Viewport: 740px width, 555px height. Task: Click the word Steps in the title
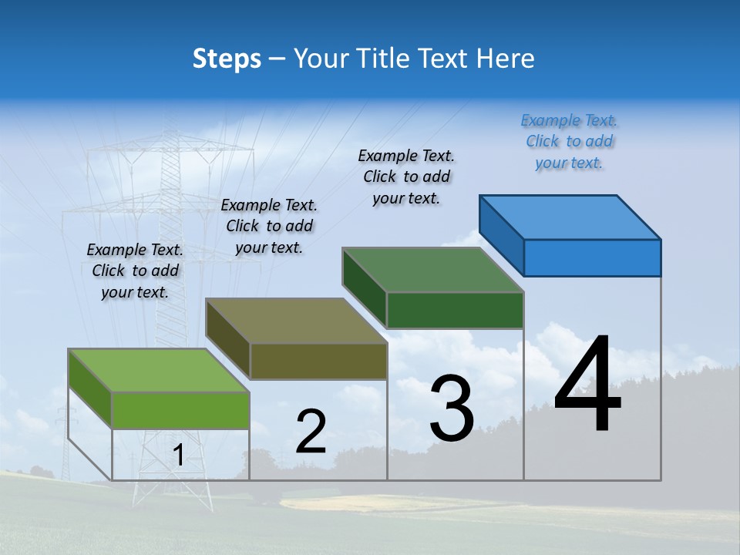(227, 59)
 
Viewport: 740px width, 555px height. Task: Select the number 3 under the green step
(452, 409)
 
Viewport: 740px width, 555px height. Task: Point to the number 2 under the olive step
(311, 432)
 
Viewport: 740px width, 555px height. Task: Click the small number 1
(178, 456)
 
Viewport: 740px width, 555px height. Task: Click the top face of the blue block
(570, 217)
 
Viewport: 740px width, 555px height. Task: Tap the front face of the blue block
(592, 257)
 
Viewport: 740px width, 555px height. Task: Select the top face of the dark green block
(433, 270)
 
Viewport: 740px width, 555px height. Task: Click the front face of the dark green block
(455, 311)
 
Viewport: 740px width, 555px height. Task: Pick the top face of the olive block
(296, 321)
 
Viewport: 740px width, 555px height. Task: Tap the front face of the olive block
(318, 361)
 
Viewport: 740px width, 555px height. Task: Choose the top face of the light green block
(159, 371)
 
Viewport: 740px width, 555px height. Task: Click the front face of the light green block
(180, 410)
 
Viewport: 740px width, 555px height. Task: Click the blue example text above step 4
(570, 141)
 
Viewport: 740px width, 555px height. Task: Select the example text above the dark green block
(406, 177)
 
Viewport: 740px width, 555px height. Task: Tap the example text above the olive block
(269, 226)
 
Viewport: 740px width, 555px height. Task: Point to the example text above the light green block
(135, 271)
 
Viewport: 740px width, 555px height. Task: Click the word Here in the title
(506, 59)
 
